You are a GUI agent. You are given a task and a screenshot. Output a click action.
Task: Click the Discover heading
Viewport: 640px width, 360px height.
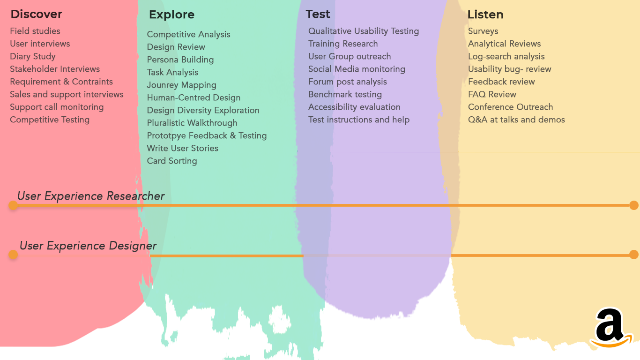coord(36,15)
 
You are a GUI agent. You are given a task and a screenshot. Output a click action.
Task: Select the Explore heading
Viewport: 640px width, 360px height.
coord(172,15)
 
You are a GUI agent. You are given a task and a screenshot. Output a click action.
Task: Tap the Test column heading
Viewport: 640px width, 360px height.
coord(318,15)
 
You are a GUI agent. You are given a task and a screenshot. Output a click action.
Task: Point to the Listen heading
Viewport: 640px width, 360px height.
coord(485,15)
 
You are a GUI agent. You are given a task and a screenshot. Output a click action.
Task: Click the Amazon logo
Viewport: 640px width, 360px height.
coord(610,328)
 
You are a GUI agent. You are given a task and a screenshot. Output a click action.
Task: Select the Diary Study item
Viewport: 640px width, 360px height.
coord(33,57)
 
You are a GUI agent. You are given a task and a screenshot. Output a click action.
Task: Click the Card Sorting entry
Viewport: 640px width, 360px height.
coord(172,161)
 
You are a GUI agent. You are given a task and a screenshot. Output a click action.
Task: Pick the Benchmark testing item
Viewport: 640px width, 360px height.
coord(345,94)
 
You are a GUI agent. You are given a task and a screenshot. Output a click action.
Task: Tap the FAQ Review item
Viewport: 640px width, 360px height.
coord(492,94)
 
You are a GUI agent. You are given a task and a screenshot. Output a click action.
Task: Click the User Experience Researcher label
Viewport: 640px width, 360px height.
coord(91,196)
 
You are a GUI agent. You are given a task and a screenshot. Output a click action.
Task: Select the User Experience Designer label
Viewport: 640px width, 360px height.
coord(88,246)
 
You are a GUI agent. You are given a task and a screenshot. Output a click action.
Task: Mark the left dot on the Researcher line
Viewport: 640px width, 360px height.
coord(13,205)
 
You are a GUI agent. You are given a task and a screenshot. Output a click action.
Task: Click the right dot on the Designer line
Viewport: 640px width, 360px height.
coord(634,255)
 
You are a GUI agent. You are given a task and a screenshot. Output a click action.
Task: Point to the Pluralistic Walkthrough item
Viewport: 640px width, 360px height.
coord(192,123)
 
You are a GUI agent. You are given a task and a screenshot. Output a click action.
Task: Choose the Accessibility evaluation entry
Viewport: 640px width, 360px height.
coord(354,107)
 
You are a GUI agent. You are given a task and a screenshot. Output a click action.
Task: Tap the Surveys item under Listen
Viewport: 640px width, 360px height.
coord(483,31)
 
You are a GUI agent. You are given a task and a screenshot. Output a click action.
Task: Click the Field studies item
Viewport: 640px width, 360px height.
coord(35,31)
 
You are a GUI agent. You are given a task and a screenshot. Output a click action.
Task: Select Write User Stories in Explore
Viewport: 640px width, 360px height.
coord(183,148)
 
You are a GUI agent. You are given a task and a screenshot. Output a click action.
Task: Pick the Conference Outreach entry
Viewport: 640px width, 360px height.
coord(511,107)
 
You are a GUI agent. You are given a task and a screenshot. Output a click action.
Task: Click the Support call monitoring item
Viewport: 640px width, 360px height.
coord(57,107)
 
